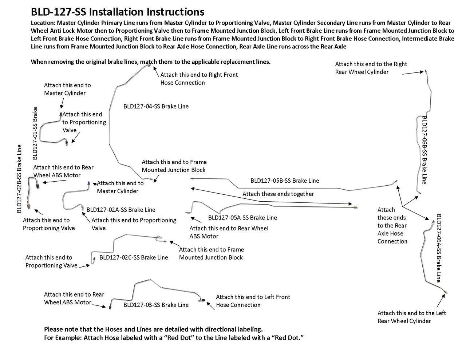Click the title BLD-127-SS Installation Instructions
click(117, 12)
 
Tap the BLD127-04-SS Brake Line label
click(156, 107)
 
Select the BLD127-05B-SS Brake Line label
click(284, 181)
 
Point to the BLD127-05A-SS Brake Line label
click(242, 218)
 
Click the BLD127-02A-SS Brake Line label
click(121, 210)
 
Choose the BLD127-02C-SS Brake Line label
click(134, 257)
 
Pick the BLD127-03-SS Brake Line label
click(156, 305)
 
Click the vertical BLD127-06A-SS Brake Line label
click(439, 248)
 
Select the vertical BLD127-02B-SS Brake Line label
click(19, 179)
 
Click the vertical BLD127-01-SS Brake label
click(35, 133)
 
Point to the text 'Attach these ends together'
click(278, 194)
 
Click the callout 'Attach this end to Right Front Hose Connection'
click(199, 79)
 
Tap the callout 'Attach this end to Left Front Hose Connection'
click(253, 301)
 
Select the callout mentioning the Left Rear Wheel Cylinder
click(411, 317)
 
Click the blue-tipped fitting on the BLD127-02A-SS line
click(89, 182)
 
